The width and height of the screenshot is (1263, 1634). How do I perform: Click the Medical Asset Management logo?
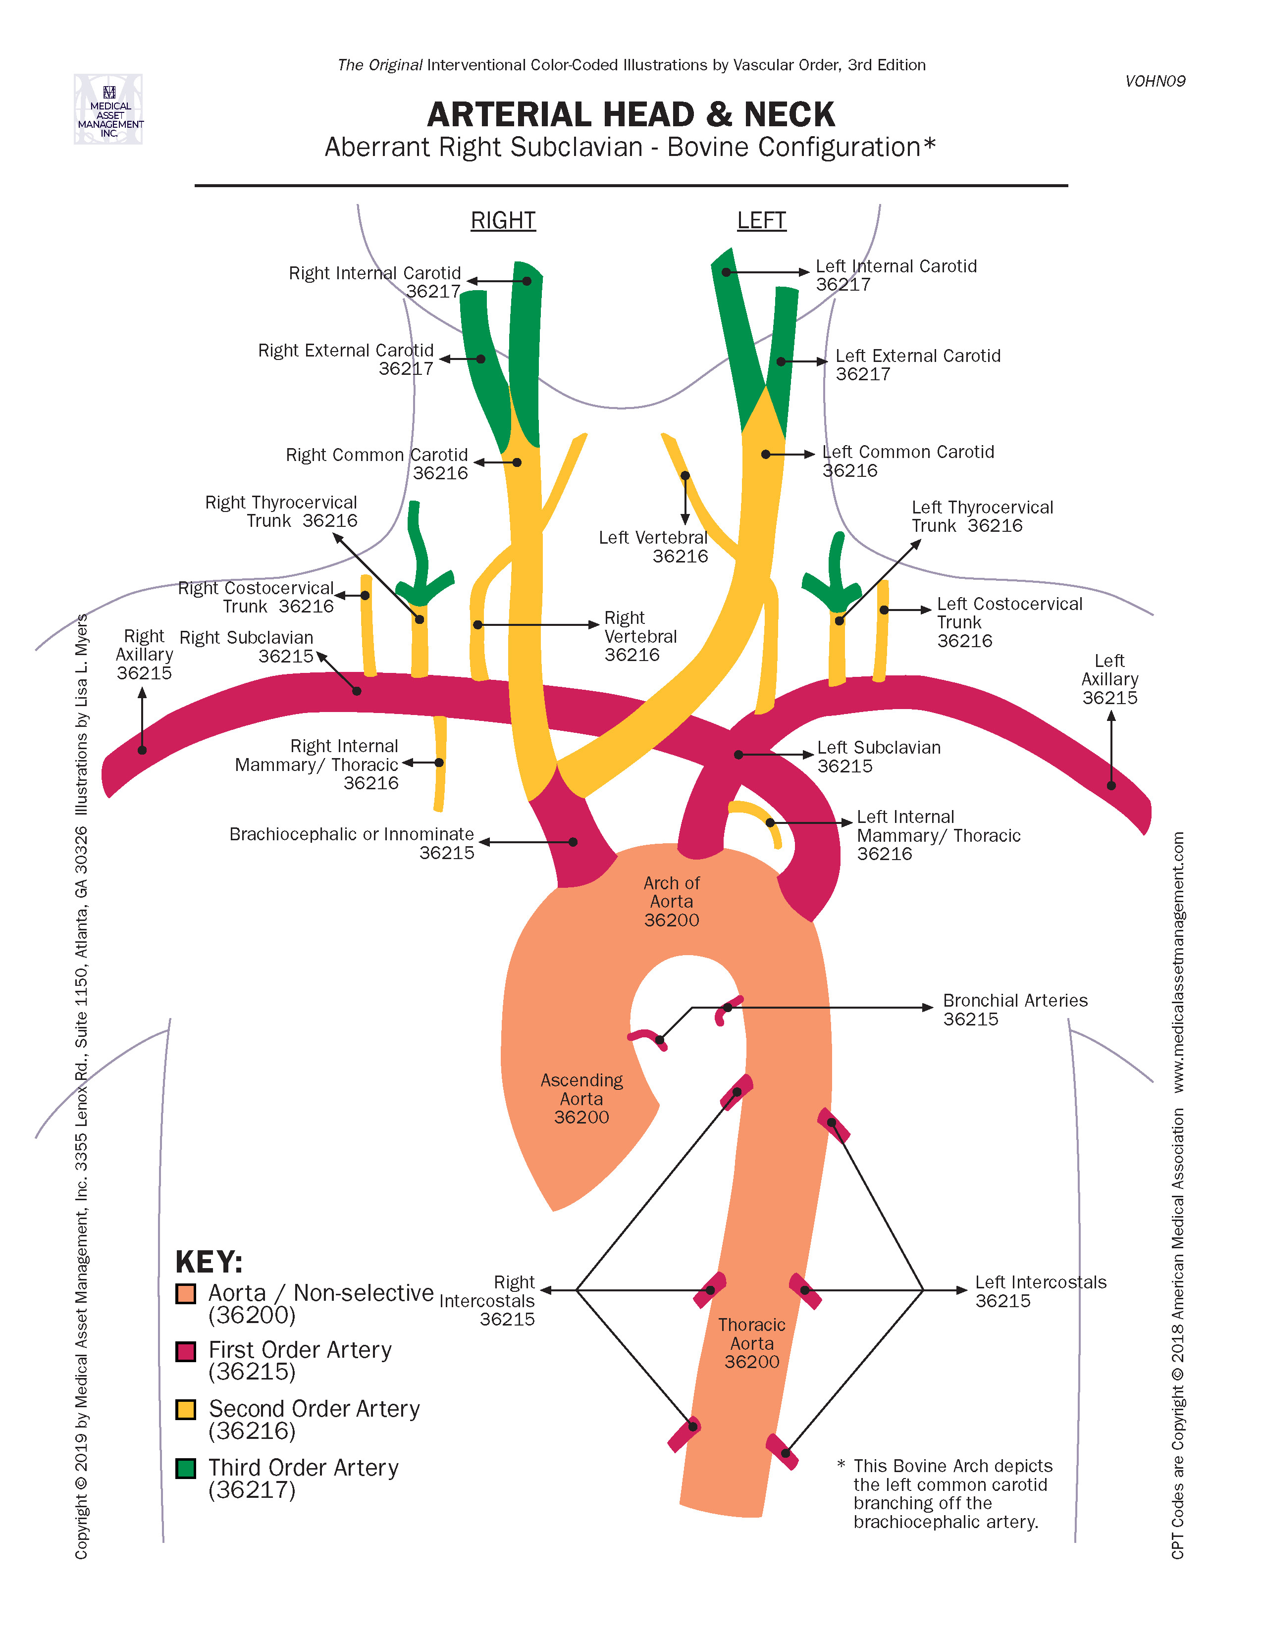pos(108,109)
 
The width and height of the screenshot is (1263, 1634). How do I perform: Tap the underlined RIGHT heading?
pos(503,221)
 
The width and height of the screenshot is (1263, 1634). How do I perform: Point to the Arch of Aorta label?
pos(671,902)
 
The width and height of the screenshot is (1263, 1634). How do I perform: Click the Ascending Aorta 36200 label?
pos(581,1098)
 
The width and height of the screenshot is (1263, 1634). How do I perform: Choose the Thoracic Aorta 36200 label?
pos(751,1343)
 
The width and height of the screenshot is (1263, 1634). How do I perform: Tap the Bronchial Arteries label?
pos(1014,1009)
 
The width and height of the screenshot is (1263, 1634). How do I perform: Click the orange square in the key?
pos(186,1293)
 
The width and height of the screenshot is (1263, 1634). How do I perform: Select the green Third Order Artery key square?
pos(186,1468)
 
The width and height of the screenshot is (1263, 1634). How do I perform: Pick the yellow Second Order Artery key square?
pos(186,1410)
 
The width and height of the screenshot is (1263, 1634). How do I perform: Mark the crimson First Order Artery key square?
pos(186,1351)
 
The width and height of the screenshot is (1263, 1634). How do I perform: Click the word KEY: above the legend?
pos(209,1262)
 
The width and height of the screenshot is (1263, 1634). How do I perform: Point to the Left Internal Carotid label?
pos(895,275)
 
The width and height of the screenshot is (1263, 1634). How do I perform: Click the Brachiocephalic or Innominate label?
pos(352,843)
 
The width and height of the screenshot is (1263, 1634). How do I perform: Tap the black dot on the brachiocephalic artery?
pos(573,842)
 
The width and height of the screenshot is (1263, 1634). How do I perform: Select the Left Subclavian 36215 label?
pos(879,757)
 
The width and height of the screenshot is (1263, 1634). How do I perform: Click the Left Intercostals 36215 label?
pos(1040,1291)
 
